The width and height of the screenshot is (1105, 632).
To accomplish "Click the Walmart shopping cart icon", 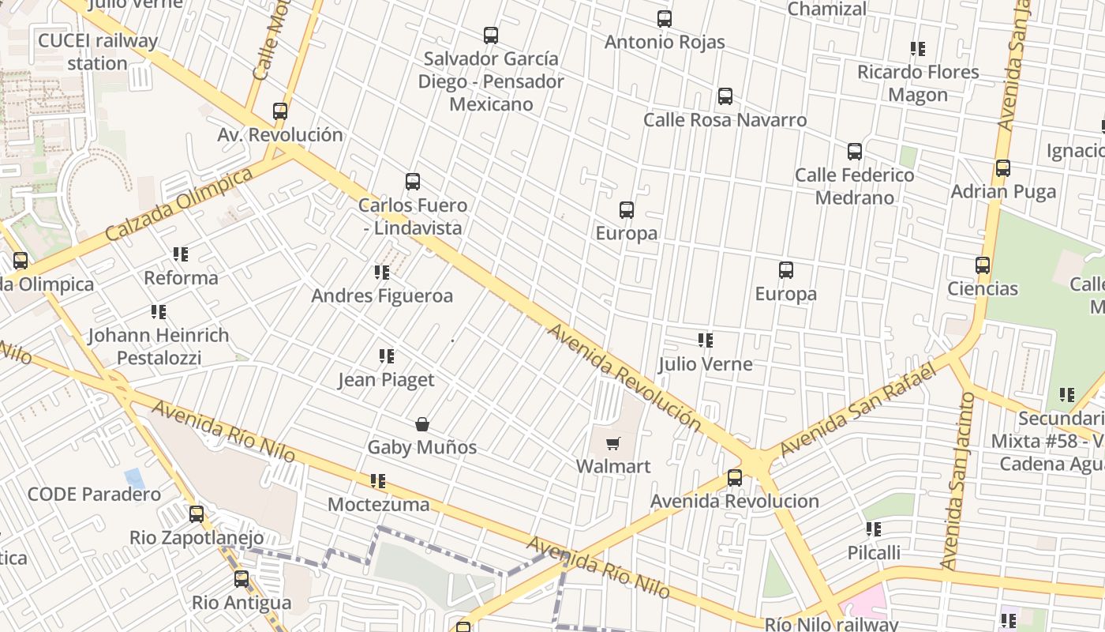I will point(613,443).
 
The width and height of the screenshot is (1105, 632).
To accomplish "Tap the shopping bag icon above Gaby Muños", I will point(422,424).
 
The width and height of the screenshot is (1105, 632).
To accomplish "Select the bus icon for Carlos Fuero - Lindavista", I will point(413,182).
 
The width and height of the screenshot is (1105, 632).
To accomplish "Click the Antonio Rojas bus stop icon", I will point(665,19).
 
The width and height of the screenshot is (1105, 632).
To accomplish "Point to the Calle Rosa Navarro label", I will point(725,120).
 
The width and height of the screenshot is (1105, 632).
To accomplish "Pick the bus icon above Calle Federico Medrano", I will point(855,152).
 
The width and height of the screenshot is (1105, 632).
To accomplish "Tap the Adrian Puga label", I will point(1002,191).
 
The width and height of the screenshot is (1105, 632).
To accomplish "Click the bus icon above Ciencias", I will point(983,265).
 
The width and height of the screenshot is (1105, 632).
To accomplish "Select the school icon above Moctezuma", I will point(378,481).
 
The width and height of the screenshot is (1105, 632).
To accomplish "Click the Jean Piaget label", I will point(386,380).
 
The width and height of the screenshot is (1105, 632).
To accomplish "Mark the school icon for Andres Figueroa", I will point(382,273).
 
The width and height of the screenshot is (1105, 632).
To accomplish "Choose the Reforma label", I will point(181,278).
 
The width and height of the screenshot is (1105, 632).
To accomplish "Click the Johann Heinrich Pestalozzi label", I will point(159,346).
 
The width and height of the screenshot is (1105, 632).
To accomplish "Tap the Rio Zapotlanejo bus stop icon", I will point(197,514).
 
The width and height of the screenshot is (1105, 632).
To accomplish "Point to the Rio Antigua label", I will point(242,603).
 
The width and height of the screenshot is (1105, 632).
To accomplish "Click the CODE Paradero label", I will point(94,495).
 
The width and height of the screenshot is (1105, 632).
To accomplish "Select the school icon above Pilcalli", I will point(873,529).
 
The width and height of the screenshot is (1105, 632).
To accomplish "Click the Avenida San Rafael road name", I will point(857,411).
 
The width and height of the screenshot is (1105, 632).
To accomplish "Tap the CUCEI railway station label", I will point(98,52).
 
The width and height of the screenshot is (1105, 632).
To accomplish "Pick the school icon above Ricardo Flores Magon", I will point(918,49).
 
